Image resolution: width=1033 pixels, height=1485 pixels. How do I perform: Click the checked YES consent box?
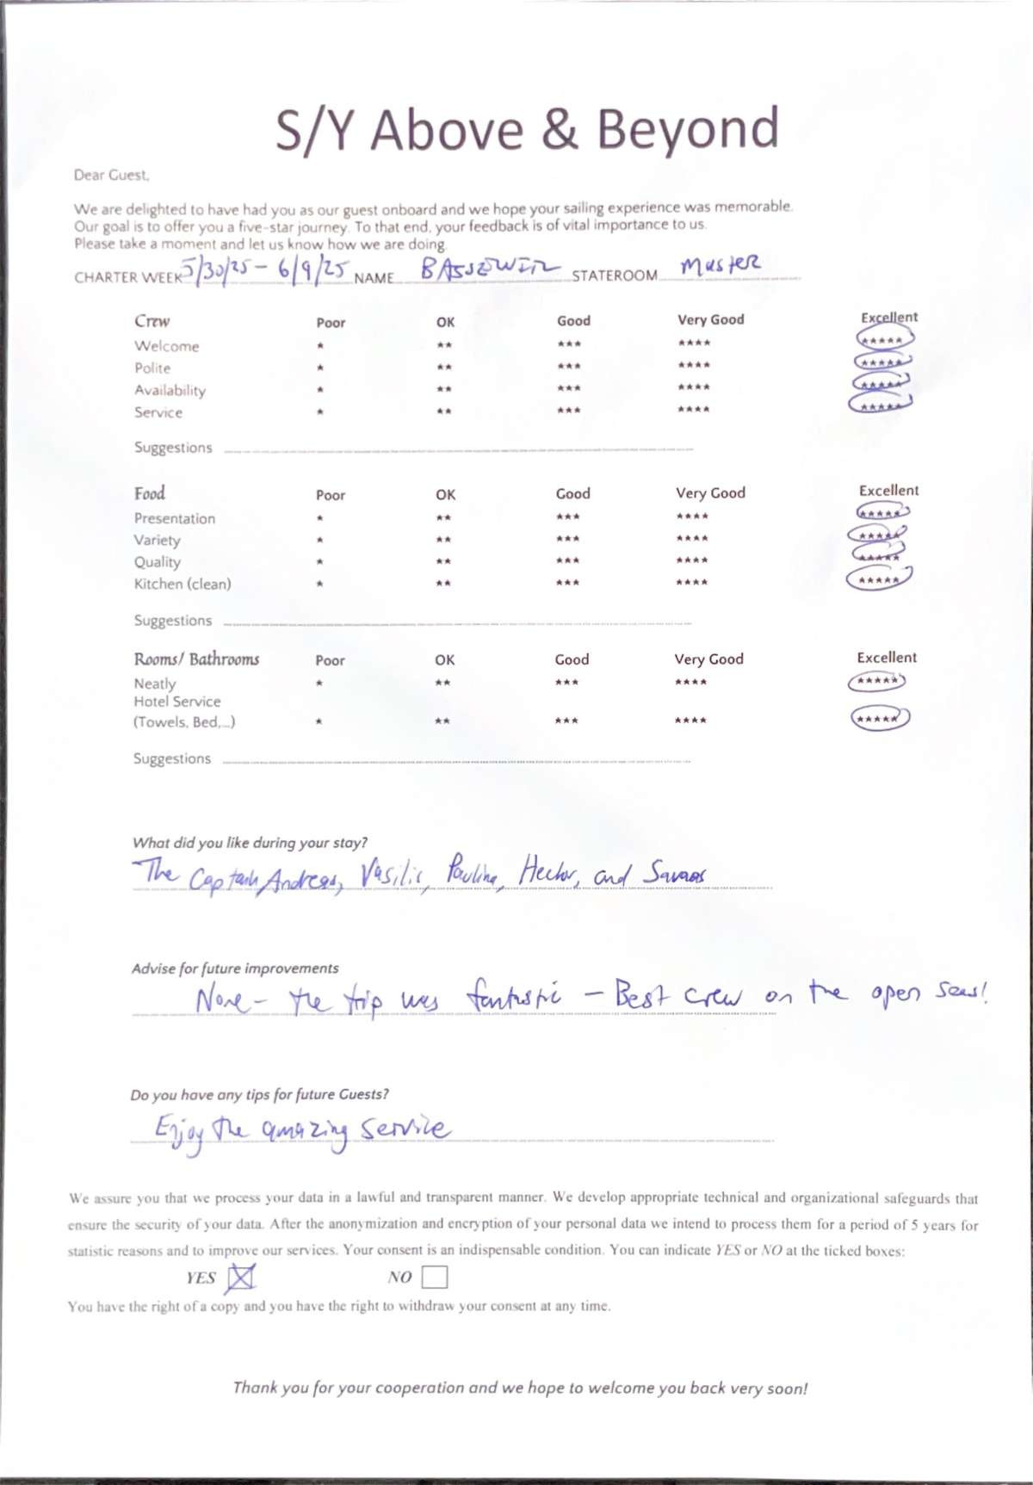click(x=240, y=1278)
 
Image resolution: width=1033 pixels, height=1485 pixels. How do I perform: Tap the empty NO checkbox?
click(x=435, y=1277)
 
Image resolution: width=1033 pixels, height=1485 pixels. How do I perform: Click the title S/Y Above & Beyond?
click(x=527, y=130)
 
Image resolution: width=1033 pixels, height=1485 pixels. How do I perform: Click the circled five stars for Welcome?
click(x=884, y=340)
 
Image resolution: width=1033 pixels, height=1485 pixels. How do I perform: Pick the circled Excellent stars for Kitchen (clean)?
click(x=879, y=579)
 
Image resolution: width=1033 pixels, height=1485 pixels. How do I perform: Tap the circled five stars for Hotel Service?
click(x=880, y=717)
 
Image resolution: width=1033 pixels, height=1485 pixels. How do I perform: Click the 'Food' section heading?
click(x=149, y=493)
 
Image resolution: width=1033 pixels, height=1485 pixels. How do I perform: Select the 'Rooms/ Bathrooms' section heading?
click(x=196, y=659)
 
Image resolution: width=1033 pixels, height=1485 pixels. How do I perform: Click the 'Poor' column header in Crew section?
click(x=331, y=323)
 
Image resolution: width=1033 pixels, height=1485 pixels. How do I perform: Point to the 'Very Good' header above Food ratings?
click(x=710, y=493)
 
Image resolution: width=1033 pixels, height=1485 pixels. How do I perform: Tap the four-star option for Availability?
click(x=694, y=387)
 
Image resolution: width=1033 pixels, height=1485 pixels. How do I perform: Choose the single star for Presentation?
click(x=319, y=518)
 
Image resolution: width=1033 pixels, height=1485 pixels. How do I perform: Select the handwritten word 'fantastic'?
click(x=514, y=998)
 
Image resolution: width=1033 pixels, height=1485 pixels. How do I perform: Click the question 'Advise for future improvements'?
click(x=235, y=968)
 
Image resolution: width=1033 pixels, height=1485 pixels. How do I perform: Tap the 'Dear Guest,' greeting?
click(x=112, y=175)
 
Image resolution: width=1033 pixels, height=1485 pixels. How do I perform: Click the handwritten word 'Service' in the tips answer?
click(x=405, y=1129)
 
